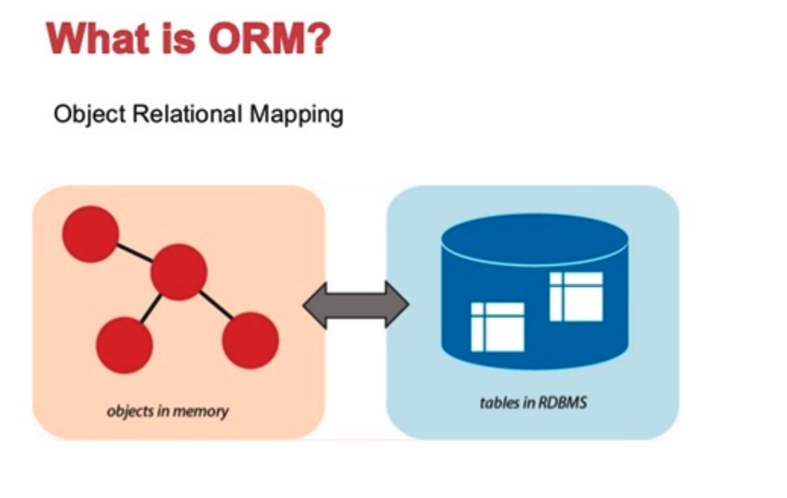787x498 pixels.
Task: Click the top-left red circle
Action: (90, 234)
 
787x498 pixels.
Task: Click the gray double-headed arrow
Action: (356, 304)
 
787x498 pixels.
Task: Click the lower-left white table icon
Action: (497, 326)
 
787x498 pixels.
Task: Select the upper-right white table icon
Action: (576, 296)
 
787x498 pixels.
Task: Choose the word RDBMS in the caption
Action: (563, 402)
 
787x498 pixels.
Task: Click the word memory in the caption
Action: (201, 412)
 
